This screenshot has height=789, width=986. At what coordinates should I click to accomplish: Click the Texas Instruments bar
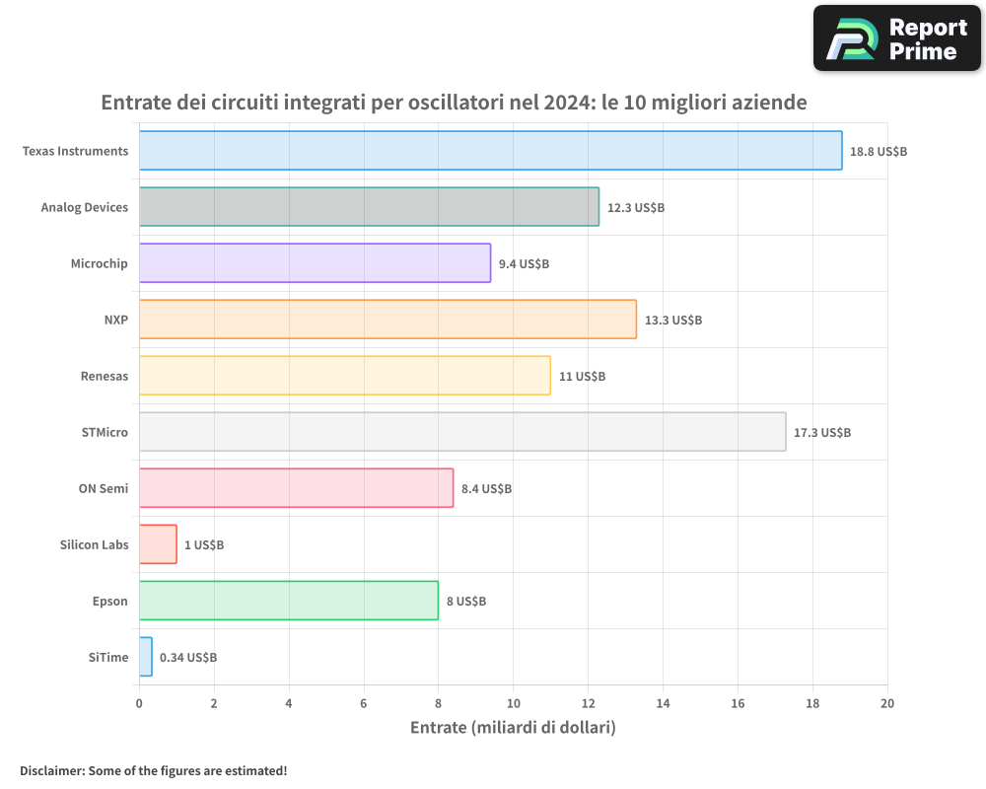point(490,151)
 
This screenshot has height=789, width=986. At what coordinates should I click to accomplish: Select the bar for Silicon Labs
point(158,544)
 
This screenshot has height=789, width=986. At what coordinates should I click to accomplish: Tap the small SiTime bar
point(146,657)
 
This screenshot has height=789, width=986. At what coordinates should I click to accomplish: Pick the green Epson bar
point(288,601)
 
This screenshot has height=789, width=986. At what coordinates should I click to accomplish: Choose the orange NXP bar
point(387,320)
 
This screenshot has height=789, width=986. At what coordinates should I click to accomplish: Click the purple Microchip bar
point(315,263)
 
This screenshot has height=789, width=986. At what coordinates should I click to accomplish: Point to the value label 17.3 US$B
point(822,433)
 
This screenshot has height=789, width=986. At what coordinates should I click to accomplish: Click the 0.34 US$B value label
point(188,658)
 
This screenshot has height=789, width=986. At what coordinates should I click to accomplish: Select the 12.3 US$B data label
point(636,208)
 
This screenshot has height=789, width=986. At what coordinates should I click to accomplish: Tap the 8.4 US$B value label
point(486,489)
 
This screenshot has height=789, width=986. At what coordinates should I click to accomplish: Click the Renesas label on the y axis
point(105,376)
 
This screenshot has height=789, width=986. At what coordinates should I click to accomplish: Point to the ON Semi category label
point(104,488)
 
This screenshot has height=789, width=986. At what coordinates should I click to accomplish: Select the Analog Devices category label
point(85,207)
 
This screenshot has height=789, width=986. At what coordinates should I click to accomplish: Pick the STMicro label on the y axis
point(106,432)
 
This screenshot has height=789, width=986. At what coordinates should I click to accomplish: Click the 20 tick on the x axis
point(887,703)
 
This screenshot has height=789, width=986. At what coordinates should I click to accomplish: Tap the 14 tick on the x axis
point(663,703)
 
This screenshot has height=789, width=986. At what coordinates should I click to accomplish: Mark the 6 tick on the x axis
point(364,703)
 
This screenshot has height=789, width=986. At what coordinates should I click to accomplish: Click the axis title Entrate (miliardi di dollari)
point(513,728)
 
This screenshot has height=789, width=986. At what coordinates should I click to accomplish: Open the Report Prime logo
point(897,38)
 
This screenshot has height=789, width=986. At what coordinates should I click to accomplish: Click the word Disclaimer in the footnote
point(50,770)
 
